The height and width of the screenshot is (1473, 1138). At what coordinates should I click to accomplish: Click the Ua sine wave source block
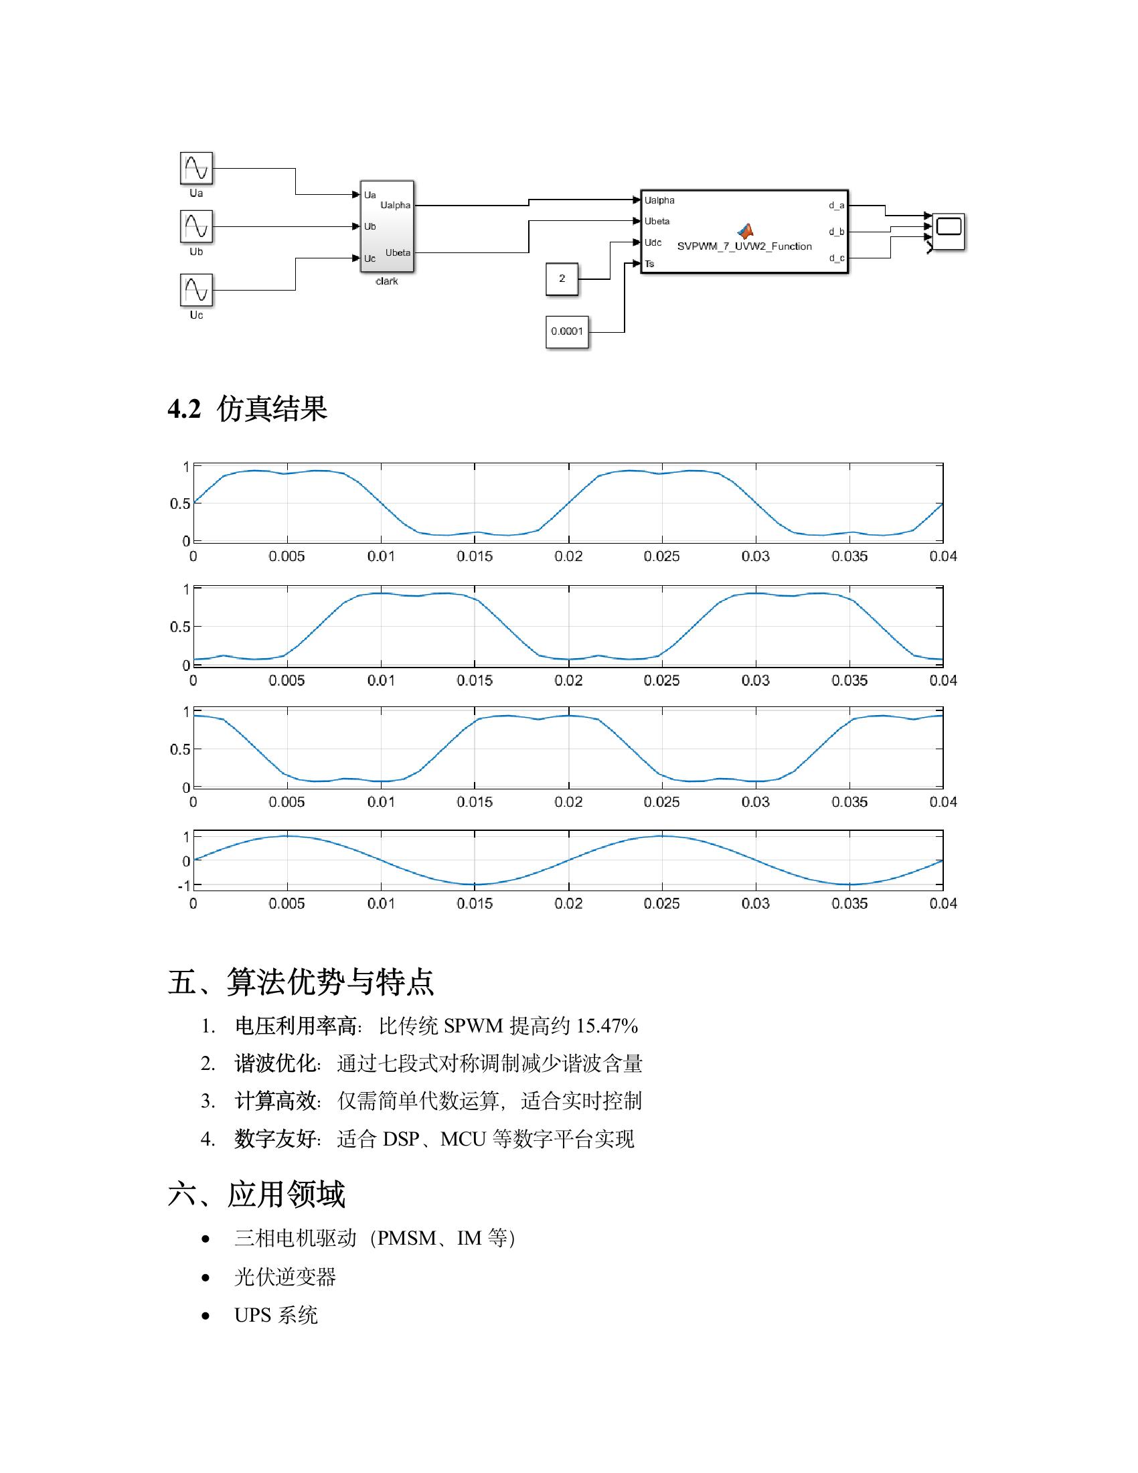tap(196, 168)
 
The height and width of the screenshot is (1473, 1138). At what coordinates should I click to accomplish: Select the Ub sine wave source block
tap(196, 226)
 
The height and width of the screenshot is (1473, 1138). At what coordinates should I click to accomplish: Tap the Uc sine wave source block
tap(196, 290)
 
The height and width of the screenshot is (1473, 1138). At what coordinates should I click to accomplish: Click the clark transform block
tap(387, 226)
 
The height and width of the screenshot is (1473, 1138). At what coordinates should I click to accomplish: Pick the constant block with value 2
tap(562, 279)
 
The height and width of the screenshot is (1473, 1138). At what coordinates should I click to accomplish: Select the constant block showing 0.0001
tap(566, 331)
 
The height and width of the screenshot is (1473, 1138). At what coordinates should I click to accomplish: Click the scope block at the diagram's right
tap(948, 231)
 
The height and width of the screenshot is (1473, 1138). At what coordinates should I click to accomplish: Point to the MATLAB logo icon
tap(744, 231)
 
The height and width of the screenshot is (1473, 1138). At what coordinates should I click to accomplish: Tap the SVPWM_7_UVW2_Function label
tap(744, 247)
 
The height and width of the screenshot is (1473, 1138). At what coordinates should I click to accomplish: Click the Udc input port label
tap(653, 243)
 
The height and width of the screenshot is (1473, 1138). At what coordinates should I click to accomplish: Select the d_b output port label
tap(836, 232)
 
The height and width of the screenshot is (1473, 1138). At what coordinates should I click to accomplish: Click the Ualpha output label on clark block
tap(395, 205)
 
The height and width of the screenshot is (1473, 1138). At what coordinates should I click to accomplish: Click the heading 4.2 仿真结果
tap(248, 409)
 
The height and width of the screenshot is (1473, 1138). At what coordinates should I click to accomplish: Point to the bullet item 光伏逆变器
tap(284, 1277)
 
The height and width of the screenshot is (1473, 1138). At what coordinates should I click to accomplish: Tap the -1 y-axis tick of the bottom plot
tap(184, 886)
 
